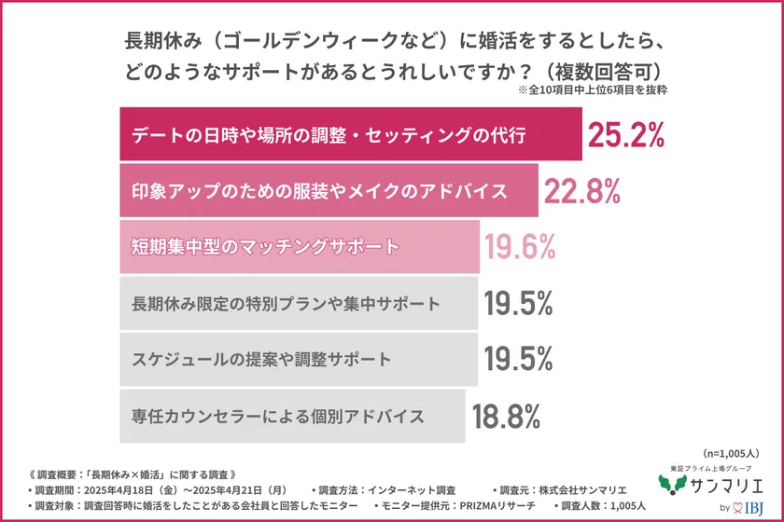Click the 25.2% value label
(625, 135)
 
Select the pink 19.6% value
(520, 247)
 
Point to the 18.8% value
(507, 416)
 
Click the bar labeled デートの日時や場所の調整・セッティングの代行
(351, 135)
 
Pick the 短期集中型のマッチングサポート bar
(300, 247)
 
